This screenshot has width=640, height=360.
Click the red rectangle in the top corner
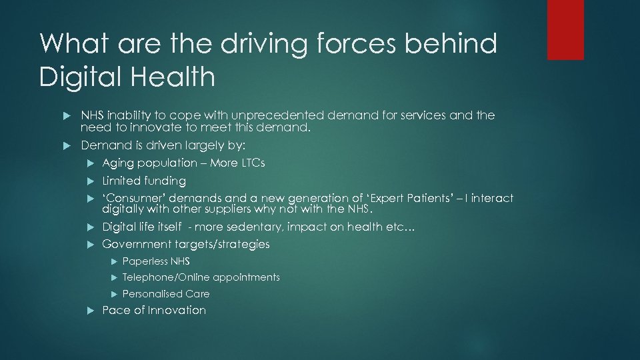[565, 29]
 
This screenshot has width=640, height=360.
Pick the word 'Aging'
[117, 163]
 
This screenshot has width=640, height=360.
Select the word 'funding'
[165, 181]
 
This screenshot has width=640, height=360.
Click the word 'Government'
[135, 244]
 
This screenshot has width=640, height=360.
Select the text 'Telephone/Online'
[166, 277]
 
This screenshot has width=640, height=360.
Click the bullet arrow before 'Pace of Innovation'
[91, 311]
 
